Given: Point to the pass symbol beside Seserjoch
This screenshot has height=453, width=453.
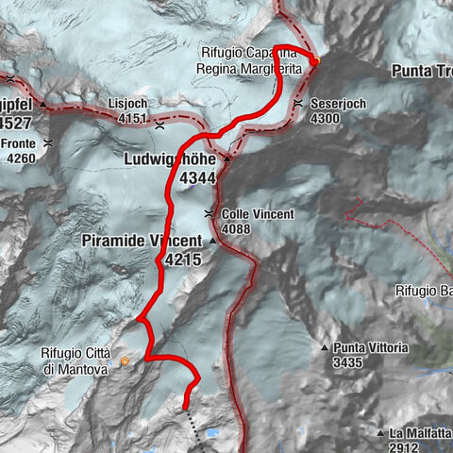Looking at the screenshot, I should (298, 104).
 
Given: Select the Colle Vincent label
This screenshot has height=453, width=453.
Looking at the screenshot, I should (258, 214).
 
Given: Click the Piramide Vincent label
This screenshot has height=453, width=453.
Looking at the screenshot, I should (156, 242).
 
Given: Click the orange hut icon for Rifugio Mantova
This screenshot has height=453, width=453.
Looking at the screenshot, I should (125, 361).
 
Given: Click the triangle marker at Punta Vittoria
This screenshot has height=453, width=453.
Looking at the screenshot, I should (325, 347).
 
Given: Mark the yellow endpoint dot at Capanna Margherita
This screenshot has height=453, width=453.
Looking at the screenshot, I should (317, 62).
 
